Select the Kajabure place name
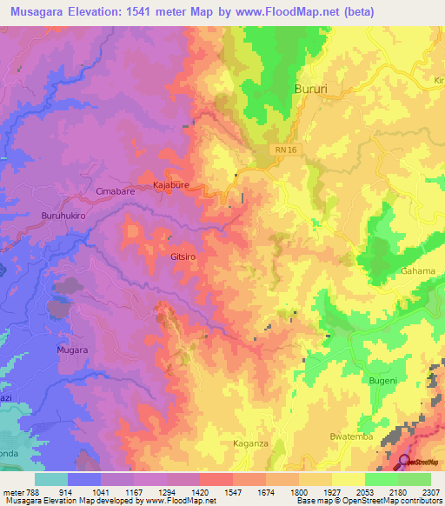(171, 185)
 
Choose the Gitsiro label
(184, 258)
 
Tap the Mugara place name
(73, 350)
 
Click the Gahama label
(418, 271)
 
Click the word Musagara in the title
(35, 11)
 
